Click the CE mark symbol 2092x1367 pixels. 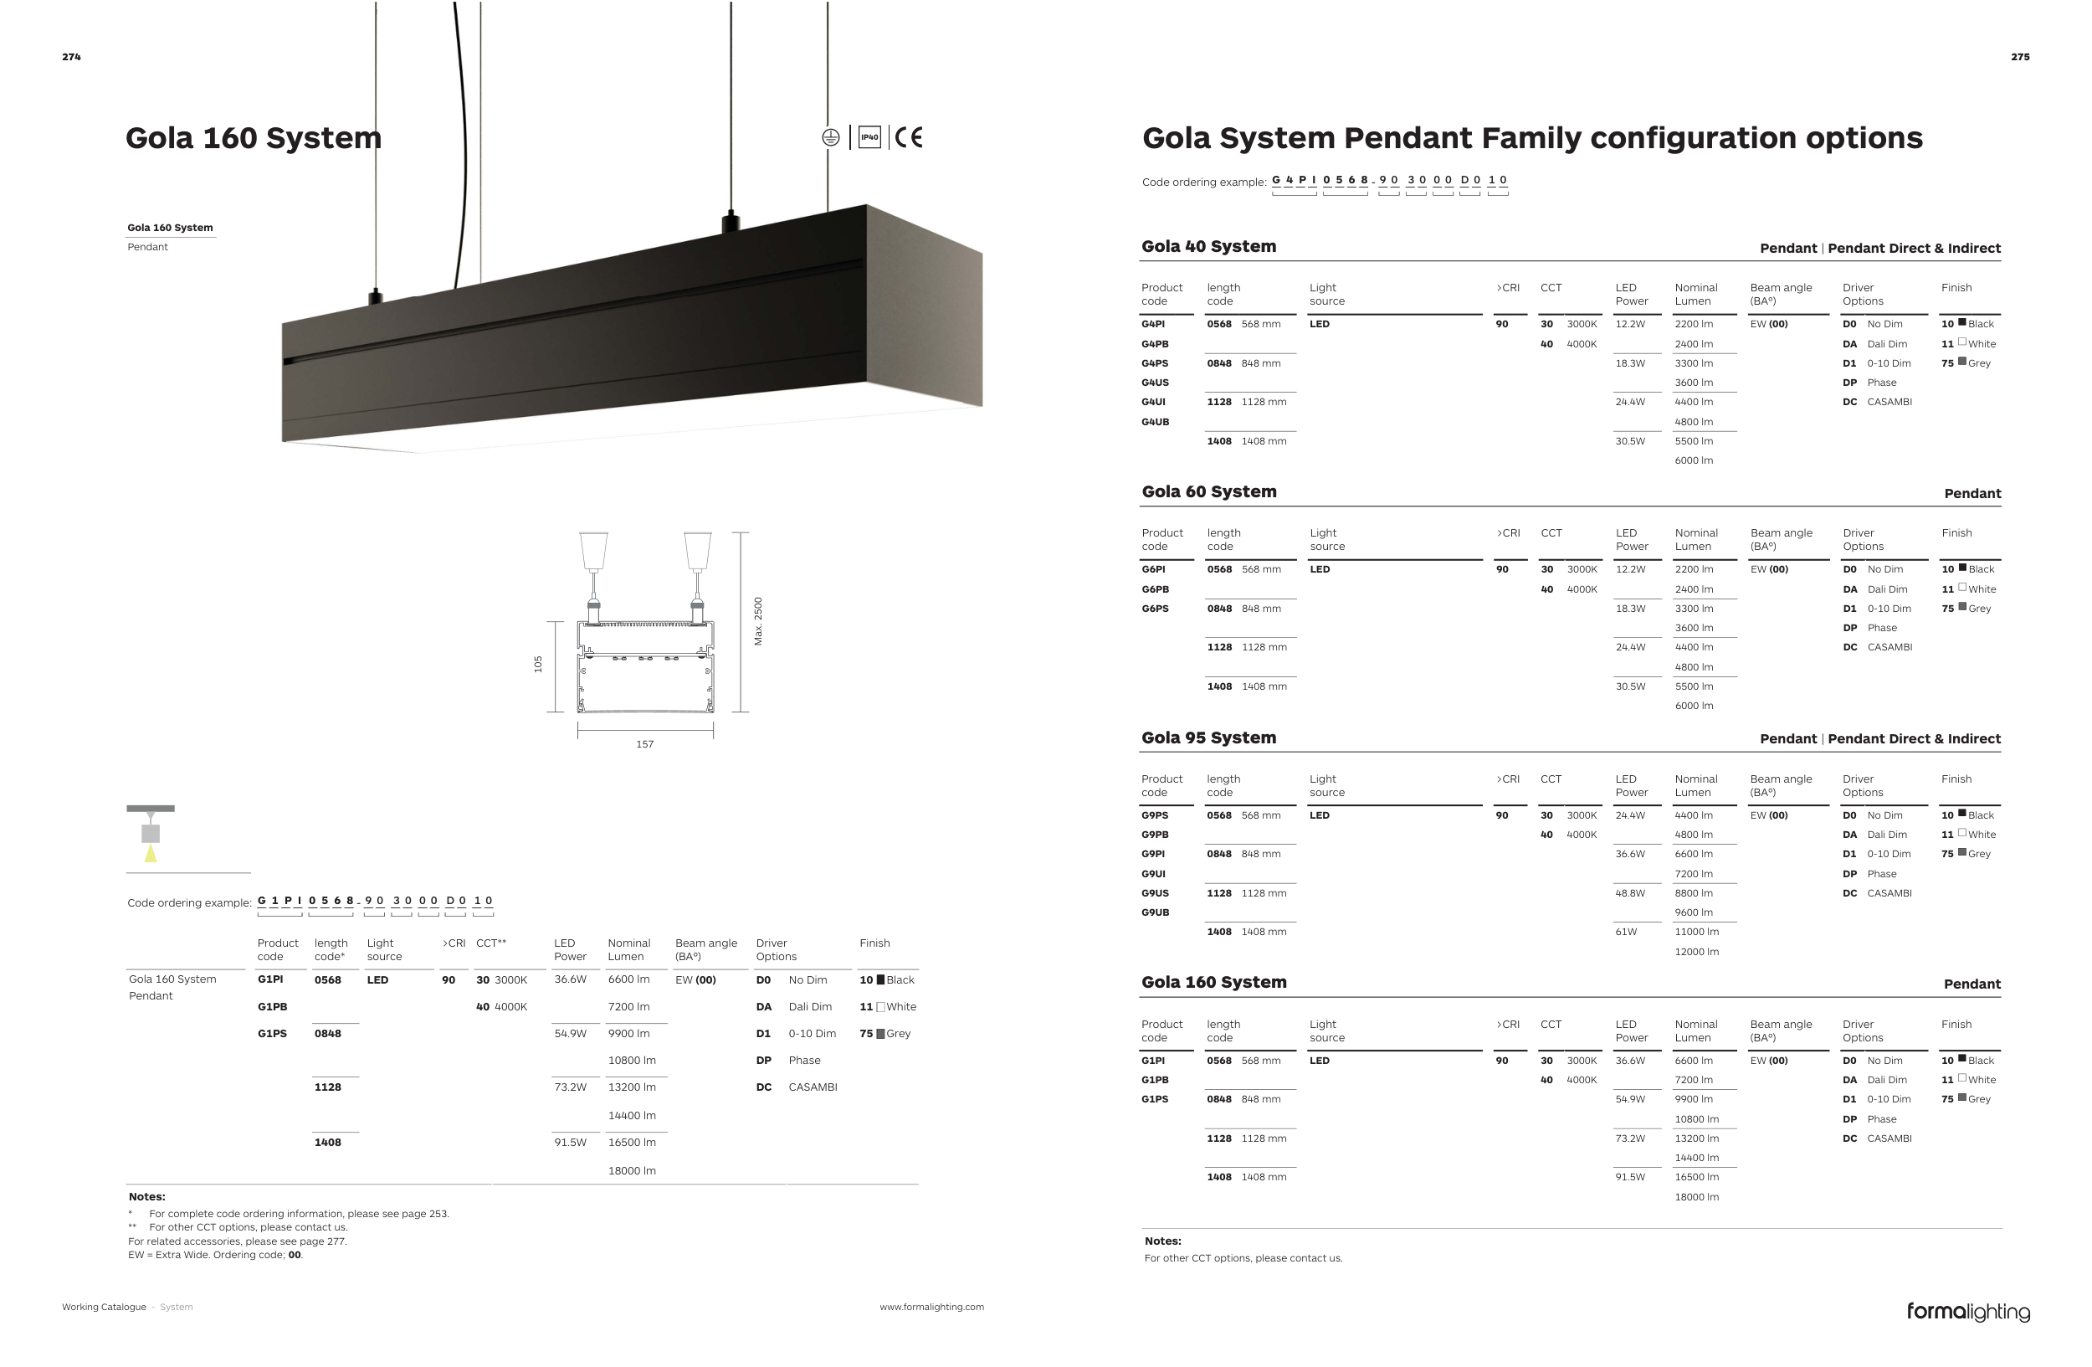click(x=909, y=137)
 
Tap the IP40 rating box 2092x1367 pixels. click(x=869, y=137)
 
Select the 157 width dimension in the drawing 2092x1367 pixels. click(x=644, y=744)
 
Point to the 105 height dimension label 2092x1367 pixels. click(x=538, y=665)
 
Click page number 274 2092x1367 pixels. click(x=71, y=57)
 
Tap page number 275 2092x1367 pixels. click(x=2020, y=57)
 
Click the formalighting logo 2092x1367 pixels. click(x=1968, y=1312)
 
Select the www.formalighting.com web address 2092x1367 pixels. click(x=931, y=1308)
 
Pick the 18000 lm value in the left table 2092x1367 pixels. click(x=632, y=1171)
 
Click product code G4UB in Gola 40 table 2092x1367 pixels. click(x=1155, y=422)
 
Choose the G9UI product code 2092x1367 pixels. click(x=1153, y=874)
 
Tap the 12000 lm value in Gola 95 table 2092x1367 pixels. click(x=1696, y=952)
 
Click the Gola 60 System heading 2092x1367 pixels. click(x=1208, y=492)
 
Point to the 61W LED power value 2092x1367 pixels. click(x=1626, y=932)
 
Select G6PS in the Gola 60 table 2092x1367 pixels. click(x=1155, y=609)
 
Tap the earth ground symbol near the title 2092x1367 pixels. click(x=831, y=137)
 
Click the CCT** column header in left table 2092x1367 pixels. click(x=490, y=943)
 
